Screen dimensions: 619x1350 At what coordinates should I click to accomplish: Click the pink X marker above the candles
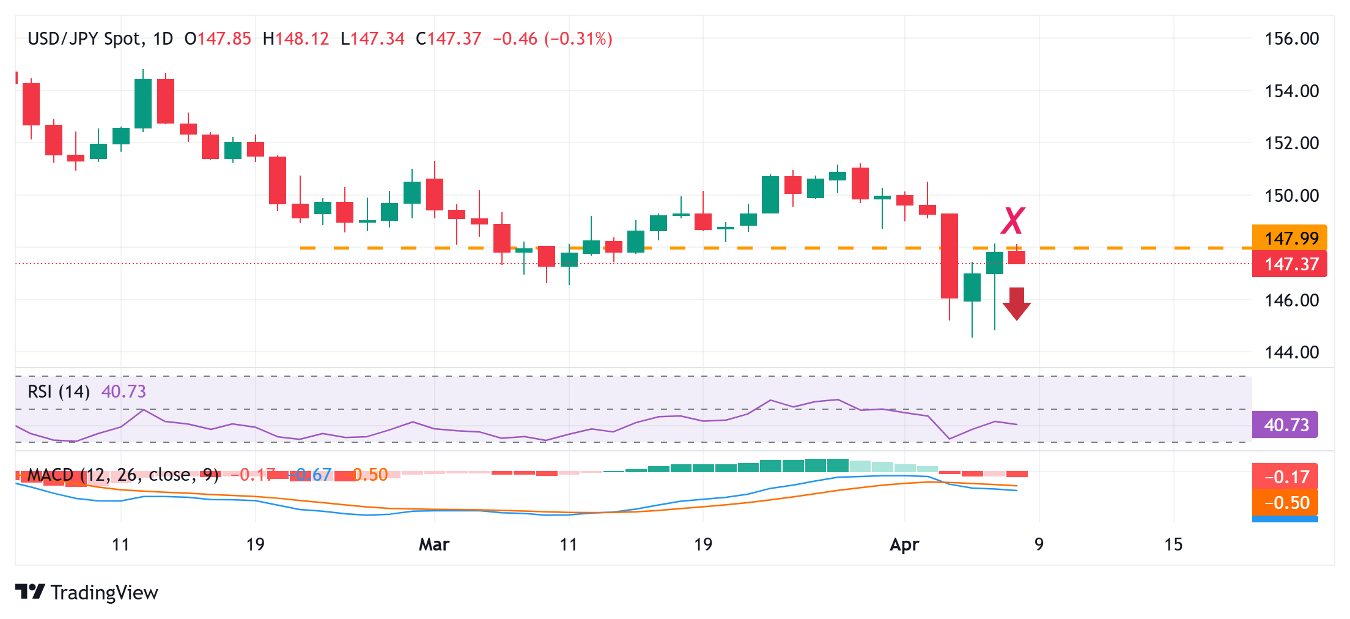click(1012, 221)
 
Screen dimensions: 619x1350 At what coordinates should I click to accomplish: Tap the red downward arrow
click(1017, 304)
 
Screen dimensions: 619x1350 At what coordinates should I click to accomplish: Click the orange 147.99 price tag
click(1290, 238)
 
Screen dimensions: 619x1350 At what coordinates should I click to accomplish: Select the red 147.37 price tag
click(1290, 264)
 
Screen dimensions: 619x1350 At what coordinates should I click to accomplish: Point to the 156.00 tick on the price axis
click(1291, 39)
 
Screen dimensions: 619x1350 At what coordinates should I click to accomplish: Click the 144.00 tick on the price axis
click(1291, 352)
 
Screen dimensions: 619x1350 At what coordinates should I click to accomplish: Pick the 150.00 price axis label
click(1291, 196)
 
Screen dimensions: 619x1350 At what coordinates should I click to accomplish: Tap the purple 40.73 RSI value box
click(1285, 425)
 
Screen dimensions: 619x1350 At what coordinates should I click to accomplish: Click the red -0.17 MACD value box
click(1285, 476)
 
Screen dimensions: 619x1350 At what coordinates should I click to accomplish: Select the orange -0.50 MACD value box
click(1285, 503)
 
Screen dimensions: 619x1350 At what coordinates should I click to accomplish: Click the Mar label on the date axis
click(434, 544)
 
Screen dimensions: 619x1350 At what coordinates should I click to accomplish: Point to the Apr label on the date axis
click(904, 544)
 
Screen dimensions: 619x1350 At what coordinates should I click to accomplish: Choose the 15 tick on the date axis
click(1173, 544)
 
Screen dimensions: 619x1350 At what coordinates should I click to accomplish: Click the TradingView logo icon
click(30, 592)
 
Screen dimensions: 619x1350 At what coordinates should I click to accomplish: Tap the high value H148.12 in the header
click(296, 39)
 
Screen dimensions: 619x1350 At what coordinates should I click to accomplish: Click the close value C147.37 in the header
click(449, 39)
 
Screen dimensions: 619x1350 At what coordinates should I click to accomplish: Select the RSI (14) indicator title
click(59, 391)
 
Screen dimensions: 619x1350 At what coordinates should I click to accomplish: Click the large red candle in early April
click(950, 256)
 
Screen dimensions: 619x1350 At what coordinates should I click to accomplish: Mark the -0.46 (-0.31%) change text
click(553, 39)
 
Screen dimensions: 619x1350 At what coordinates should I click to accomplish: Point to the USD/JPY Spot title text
click(85, 39)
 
